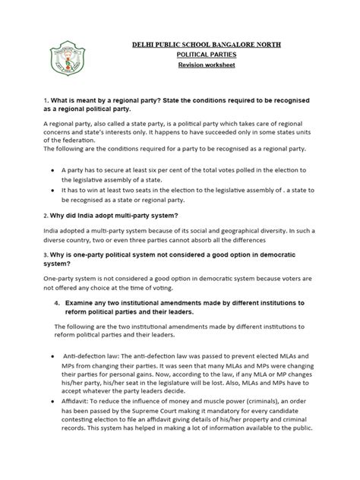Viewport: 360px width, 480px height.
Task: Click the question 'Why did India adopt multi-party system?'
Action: (109, 216)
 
